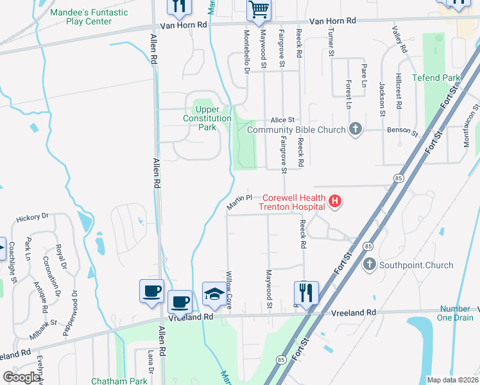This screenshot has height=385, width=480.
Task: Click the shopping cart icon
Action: tap(259, 10)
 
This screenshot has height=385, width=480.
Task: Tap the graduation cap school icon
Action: tap(214, 294)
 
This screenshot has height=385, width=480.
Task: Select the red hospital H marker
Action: tap(334, 202)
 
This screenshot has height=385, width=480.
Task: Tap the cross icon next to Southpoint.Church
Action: tap(369, 264)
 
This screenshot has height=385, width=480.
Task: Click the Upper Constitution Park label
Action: tap(207, 118)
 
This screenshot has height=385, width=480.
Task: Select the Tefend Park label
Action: tap(436, 78)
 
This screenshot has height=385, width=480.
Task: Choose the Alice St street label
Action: tap(282, 119)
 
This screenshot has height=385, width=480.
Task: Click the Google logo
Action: tap(21, 377)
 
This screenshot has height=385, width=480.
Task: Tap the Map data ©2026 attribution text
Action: tap(452, 380)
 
